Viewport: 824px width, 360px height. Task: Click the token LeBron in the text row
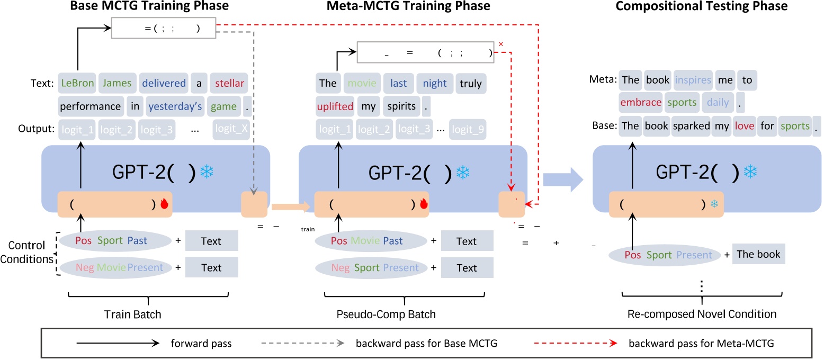coord(76,83)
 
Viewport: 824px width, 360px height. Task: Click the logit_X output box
coord(230,129)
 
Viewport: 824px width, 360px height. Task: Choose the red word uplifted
coord(335,106)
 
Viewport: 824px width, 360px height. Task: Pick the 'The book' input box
coord(758,254)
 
